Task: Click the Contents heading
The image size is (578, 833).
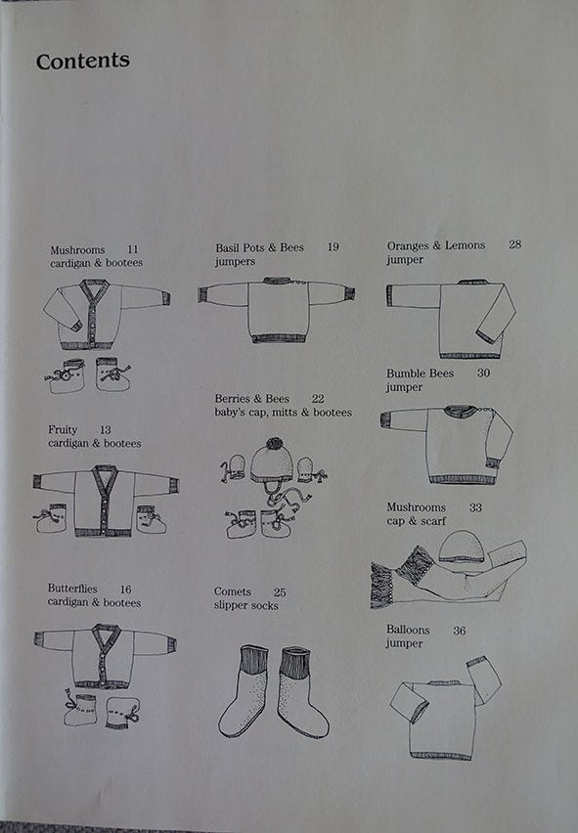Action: [x=83, y=61]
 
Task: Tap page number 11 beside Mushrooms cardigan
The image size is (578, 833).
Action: [x=132, y=249]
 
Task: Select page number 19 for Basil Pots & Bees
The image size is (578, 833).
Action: [x=333, y=247]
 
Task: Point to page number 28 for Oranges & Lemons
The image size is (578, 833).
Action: [x=514, y=244]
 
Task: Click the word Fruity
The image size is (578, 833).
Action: [x=63, y=430]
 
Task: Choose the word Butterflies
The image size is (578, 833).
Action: [x=72, y=589]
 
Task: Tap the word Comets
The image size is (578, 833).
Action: [x=232, y=592]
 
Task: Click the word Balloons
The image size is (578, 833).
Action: [x=408, y=630]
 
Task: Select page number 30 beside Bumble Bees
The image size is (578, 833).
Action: [x=483, y=373]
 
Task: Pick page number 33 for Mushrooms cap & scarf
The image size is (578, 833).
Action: [x=475, y=507]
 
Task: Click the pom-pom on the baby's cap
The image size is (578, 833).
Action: [x=274, y=444]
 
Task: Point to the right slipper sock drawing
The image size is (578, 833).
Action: [x=304, y=691]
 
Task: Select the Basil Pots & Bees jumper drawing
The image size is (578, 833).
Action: [x=277, y=310]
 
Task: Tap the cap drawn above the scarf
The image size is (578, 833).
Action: [x=462, y=548]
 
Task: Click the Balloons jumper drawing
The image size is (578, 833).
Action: [x=445, y=708]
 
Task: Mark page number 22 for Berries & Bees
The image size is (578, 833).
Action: [x=318, y=399]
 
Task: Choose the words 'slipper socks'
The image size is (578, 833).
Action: [x=246, y=605]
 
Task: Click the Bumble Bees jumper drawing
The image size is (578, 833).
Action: [x=447, y=445]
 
